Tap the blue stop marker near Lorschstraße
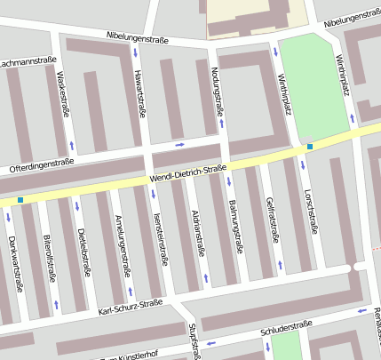(310, 146)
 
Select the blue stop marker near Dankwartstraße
(20, 200)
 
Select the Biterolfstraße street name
(51, 259)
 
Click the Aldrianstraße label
(199, 233)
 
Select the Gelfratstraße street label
(274, 220)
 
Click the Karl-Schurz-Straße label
(131, 305)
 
